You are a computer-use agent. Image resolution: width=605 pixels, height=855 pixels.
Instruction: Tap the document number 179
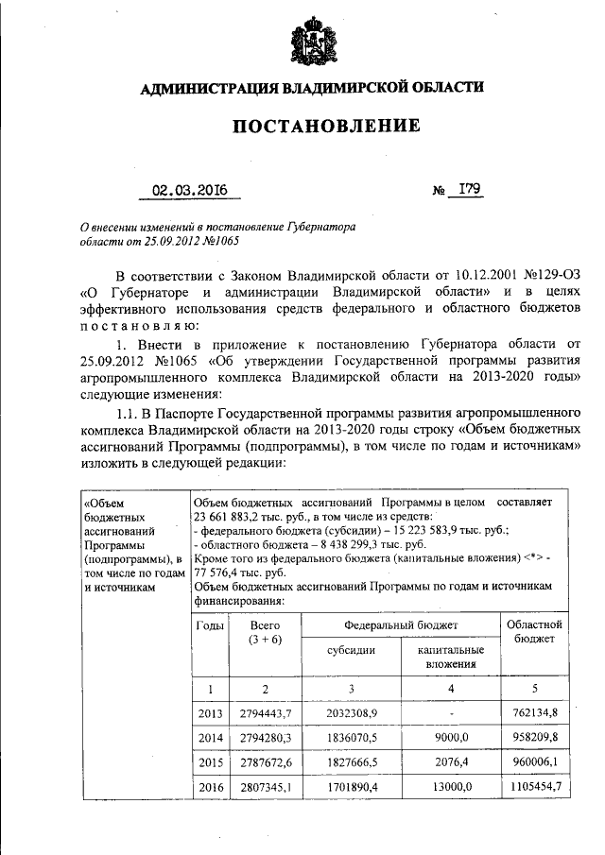point(469,189)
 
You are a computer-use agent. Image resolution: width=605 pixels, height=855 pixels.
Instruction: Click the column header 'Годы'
point(210,625)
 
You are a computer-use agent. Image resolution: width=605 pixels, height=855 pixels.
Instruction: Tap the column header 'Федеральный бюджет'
point(401,625)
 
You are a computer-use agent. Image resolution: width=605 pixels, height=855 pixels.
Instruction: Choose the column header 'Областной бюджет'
point(534,632)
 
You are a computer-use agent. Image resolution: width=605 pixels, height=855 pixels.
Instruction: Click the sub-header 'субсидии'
point(351,651)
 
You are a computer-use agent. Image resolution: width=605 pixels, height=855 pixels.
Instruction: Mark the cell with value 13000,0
point(450,786)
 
